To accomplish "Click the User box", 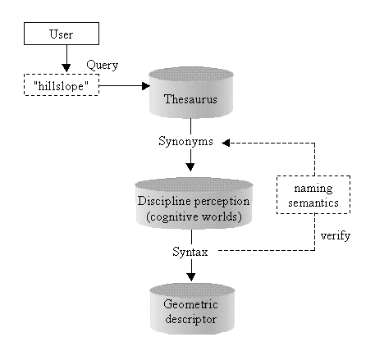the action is tap(62, 34).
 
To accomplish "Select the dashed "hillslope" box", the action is tap(62, 84).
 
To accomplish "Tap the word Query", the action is tap(103, 66).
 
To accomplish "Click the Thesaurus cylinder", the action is tap(191, 93).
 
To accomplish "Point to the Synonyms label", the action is tap(185, 142).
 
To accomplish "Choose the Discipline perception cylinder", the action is tap(194, 203).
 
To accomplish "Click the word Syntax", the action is tap(190, 252).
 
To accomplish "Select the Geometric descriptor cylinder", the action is tap(192, 308).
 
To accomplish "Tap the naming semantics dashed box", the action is tap(313, 194).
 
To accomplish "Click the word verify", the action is tap(336, 235).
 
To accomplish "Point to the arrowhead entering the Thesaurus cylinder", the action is tap(146, 86).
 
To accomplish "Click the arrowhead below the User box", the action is tap(66, 68).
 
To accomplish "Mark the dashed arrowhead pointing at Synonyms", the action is tap(226, 143).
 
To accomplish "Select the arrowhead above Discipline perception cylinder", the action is tap(190, 167).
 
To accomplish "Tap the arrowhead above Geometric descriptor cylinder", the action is tap(191, 277).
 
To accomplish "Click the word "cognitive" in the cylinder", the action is tap(172, 217).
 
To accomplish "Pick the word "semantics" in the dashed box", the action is tap(313, 203).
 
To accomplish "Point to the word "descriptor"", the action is tap(191, 320).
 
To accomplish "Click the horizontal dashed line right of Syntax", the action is tap(267, 250).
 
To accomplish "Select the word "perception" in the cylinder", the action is tap(222, 202).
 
